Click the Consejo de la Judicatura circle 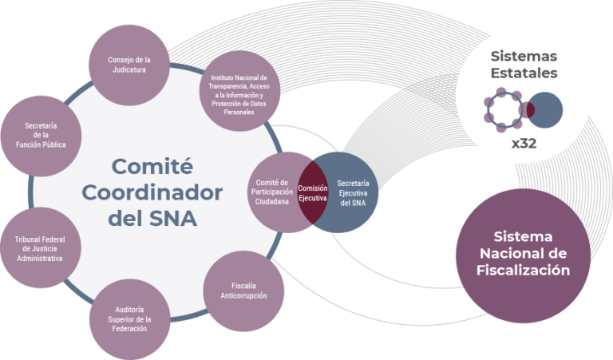click(129, 65)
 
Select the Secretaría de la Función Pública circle click(41, 136)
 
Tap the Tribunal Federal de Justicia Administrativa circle click(41, 247)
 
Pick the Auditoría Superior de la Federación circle click(130, 319)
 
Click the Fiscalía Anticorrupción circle click(243, 291)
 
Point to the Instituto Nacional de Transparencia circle click(239, 91)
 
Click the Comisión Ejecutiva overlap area click(313, 192)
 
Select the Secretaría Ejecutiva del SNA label click(353, 193)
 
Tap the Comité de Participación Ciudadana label click(272, 192)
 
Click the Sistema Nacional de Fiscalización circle click(523, 256)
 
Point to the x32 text click(524, 144)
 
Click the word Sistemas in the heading click(524, 57)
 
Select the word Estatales click(524, 73)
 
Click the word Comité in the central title click(152, 167)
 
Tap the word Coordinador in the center click(152, 192)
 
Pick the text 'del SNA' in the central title click(152, 218)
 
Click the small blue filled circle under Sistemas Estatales click(544, 110)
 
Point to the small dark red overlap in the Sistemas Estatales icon click(529, 110)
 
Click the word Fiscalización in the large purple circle click(523, 271)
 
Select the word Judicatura click(129, 70)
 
